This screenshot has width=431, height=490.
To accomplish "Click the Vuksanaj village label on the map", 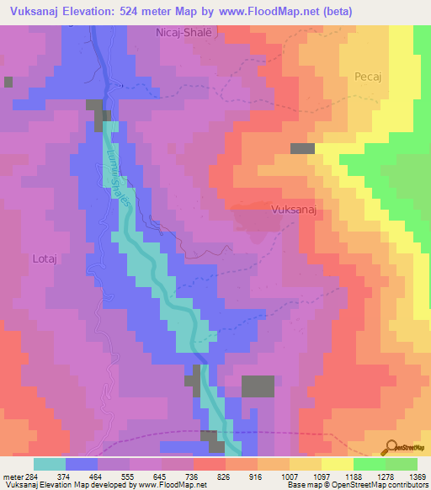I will [292, 212].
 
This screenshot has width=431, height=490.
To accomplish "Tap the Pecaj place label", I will [368, 75].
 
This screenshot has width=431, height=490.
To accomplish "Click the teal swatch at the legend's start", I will [50, 464].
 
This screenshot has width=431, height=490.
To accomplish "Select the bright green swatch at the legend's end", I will [402, 464].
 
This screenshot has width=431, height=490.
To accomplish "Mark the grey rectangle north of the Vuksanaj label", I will [302, 148].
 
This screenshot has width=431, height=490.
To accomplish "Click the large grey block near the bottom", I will [258, 386].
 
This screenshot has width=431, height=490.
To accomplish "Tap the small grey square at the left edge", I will [8, 82].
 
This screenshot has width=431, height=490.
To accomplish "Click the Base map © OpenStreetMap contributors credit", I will [356, 485].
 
